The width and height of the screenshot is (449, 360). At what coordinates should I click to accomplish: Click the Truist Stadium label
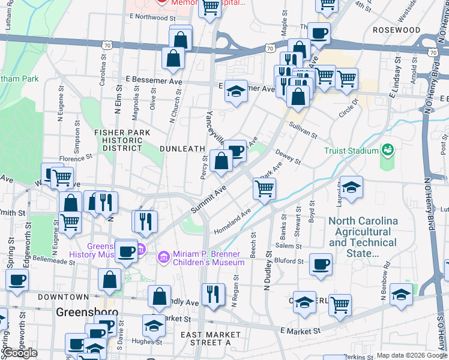(x=352, y=151)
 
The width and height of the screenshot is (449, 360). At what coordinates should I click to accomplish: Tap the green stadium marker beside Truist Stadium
(x=387, y=149)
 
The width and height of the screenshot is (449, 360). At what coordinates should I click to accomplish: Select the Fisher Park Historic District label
(x=118, y=140)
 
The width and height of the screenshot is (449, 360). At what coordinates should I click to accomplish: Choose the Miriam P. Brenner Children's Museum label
(x=209, y=258)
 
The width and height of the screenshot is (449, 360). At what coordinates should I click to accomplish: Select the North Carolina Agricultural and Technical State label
(x=363, y=237)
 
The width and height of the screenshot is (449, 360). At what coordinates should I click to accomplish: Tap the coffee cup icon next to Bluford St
(x=321, y=263)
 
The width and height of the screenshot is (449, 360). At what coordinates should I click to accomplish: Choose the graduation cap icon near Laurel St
(x=352, y=186)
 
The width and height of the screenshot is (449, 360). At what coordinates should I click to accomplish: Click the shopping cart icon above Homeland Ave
(x=264, y=188)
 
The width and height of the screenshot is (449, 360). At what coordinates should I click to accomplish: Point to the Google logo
(x=20, y=352)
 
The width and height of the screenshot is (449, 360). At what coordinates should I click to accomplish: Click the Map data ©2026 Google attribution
(x=411, y=355)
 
